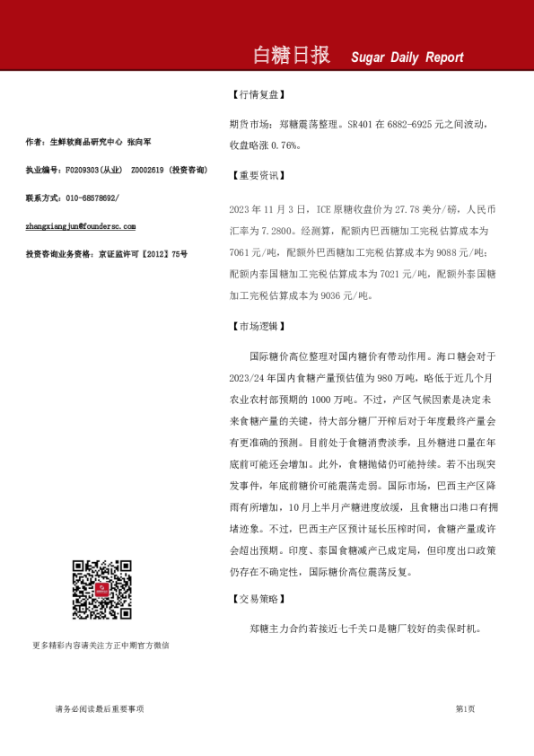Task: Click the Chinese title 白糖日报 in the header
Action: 291,56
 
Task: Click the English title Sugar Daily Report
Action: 407,57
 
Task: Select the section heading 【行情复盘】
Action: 258,93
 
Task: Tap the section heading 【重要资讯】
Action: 258,175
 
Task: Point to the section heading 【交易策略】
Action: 258,598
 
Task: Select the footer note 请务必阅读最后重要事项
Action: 99,709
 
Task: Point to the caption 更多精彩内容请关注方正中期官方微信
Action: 101,645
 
